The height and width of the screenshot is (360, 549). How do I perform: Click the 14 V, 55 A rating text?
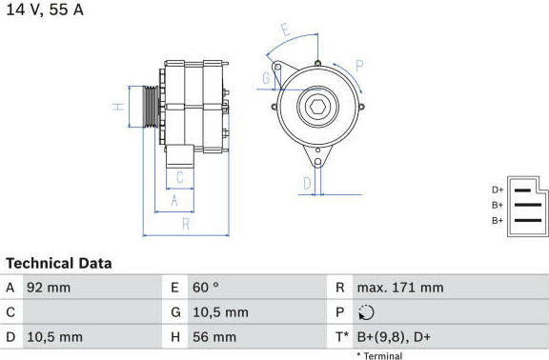(x=45, y=10)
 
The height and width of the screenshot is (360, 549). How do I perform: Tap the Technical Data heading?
(x=59, y=264)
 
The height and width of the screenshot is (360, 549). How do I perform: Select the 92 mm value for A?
(x=49, y=288)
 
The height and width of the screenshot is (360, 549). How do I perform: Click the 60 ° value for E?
(x=206, y=288)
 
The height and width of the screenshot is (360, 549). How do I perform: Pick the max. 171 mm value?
(x=400, y=288)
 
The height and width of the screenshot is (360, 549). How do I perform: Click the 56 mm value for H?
(x=214, y=337)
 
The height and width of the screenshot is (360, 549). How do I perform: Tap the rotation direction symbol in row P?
(x=366, y=312)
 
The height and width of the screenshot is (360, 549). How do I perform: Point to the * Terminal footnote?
(x=379, y=356)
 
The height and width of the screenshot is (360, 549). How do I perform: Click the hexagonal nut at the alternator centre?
(x=318, y=106)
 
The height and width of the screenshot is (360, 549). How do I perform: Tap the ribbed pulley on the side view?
(x=151, y=106)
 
